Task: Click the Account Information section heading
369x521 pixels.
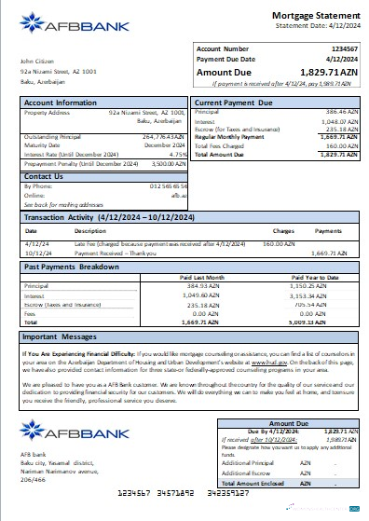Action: (x=61, y=102)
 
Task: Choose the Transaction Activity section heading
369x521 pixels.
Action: (x=101, y=214)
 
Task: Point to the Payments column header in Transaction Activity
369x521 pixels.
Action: (x=329, y=229)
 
